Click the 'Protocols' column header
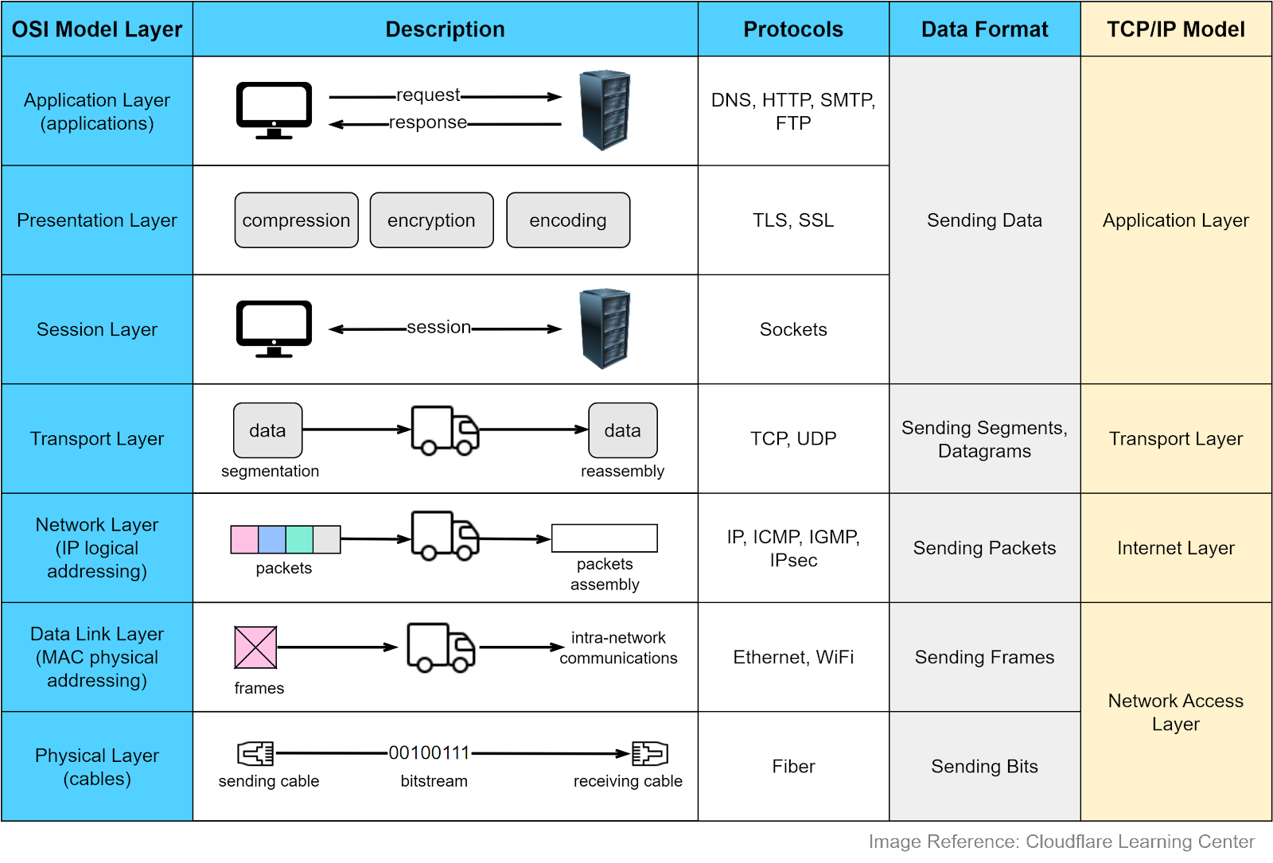[793, 29]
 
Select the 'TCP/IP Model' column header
[1175, 29]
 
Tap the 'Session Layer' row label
[97, 329]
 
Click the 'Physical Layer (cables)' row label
[97, 767]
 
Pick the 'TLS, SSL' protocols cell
[793, 220]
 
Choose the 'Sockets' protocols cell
[793, 329]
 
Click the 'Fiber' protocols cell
[793, 767]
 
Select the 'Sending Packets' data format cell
[984, 548]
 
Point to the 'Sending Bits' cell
[984, 767]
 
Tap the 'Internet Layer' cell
[1175, 548]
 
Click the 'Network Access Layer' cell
[1175, 712]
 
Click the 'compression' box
[296, 220]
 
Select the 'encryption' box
[431, 220]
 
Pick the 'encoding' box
[568, 220]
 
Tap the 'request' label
[428, 95]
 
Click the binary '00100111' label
[430, 752]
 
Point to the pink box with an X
[255, 647]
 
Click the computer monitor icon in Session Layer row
[274, 329]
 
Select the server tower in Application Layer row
[605, 110]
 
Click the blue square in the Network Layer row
[272, 539]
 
